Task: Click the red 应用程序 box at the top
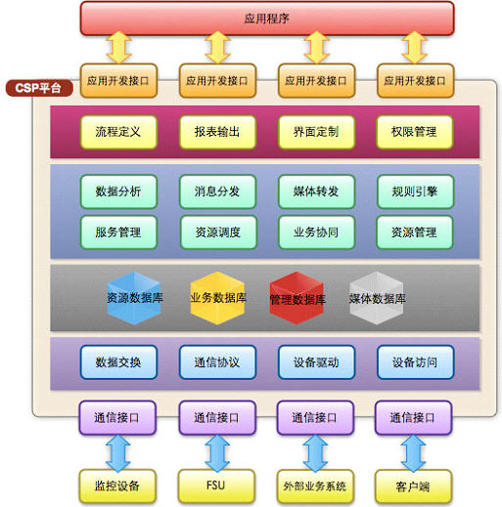[267, 19]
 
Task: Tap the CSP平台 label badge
[39, 88]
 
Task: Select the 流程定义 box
[118, 132]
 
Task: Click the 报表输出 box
[217, 132]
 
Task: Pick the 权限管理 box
[415, 132]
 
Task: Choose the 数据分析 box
[118, 191]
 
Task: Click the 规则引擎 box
[415, 191]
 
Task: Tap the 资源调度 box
[218, 232]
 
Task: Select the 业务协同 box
[316, 232]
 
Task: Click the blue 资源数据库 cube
[134, 298]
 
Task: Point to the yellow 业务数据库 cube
[217, 298]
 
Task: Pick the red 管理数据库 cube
[297, 298]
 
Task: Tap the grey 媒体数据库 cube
[377, 298]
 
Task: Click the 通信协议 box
[217, 362]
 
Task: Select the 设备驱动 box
[316, 362]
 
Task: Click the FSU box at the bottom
[216, 486]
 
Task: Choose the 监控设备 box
[117, 486]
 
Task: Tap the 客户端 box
[413, 486]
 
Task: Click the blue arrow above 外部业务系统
[315, 453]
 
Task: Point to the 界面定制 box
[316, 132]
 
